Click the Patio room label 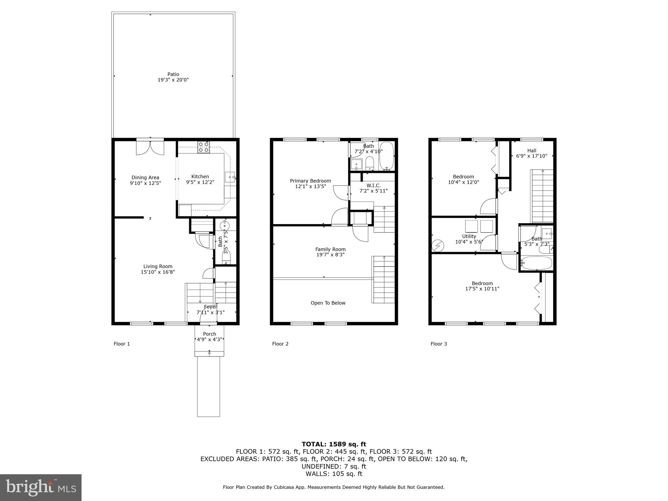(173, 74)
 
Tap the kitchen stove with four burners (203, 147)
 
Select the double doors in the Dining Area (150, 147)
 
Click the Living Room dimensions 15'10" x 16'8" (158, 272)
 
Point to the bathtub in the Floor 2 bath (387, 156)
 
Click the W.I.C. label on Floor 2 (373, 186)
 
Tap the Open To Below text (328, 303)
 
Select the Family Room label (330, 249)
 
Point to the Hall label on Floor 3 (532, 151)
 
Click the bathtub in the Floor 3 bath (536, 263)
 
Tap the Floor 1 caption (122, 344)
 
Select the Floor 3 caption (439, 344)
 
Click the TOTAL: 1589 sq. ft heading (334, 444)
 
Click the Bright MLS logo (41, 487)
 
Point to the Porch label (209, 334)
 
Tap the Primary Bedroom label (310, 181)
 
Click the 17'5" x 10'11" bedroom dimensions (482, 289)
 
